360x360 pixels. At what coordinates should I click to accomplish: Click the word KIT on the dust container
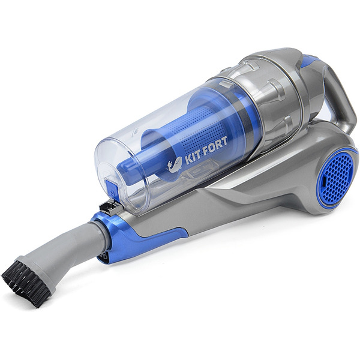tap(193, 158)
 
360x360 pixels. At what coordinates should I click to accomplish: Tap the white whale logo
tap(175, 164)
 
